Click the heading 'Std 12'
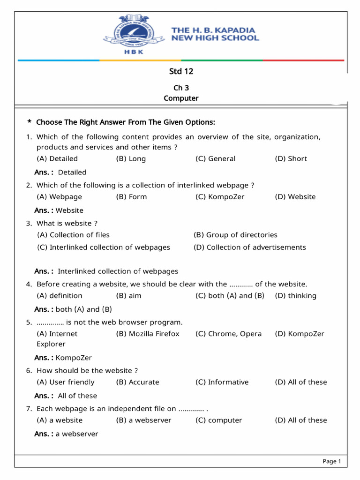coord(181,71)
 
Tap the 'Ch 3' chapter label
coord(181,88)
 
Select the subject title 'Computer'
coord(181,98)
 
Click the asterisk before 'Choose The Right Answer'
coord(30,123)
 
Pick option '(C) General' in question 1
coord(215,158)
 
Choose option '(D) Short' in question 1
coord(291,158)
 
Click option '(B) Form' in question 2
coord(131,197)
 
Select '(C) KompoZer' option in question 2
coord(220,197)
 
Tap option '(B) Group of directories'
coord(235,235)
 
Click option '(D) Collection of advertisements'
coord(249,247)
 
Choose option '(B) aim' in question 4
coord(128,296)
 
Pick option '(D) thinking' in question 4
coord(295,296)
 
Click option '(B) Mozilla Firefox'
coord(148,334)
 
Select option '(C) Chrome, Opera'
coord(228,334)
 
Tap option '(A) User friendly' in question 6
coord(66,382)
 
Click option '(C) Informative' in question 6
coord(222,382)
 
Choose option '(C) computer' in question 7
coord(218,420)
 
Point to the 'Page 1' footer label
coord(331,462)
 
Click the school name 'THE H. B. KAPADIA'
coord(213,30)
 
